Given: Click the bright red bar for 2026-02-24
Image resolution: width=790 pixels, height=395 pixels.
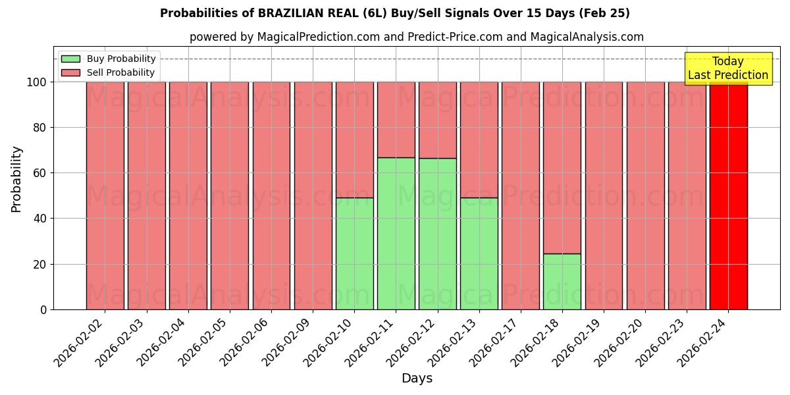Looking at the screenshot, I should coord(728,196).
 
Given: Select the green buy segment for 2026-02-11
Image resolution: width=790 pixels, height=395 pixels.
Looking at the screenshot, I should coord(396,234).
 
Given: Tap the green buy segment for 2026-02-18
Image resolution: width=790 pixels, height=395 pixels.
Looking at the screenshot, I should coord(562,282).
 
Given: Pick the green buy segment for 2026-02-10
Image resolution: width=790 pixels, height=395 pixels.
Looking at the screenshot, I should coord(355,253).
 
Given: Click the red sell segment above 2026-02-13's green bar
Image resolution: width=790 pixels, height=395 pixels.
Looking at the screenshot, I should coord(479,140).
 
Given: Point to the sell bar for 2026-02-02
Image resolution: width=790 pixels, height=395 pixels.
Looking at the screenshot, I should coord(105,196).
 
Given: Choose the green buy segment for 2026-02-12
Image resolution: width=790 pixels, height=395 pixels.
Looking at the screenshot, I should coord(438,234).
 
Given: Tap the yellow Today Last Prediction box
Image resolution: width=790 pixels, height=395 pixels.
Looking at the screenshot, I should coord(728,68).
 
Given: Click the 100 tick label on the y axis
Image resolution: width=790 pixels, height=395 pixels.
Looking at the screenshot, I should coord(36,82).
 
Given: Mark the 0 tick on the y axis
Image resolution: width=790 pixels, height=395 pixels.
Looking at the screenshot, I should coord(43,309).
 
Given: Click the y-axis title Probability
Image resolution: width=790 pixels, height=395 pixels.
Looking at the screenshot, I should coord(16,179).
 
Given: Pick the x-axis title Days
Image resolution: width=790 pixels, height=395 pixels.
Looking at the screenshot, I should coord(417,379).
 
